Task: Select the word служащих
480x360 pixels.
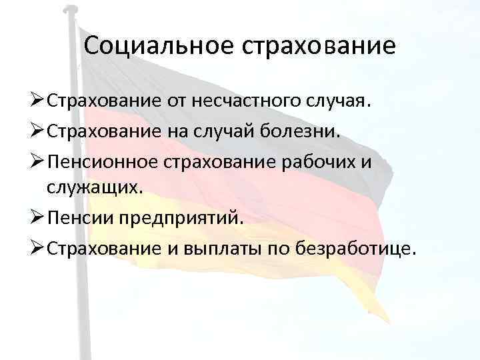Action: click(x=95, y=189)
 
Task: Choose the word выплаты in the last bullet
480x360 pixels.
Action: click(x=244, y=248)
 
